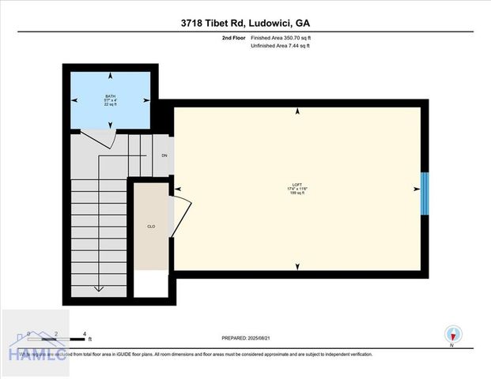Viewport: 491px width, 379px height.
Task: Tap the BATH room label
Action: coord(110,96)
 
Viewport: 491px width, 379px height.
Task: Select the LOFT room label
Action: coord(298,187)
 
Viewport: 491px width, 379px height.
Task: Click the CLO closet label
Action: coord(150,227)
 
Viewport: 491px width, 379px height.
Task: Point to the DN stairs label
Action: coord(164,156)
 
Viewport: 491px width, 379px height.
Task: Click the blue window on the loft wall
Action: coord(424,191)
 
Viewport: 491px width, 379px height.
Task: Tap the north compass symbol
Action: coord(452,335)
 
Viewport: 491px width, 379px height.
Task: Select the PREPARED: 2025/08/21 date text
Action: coord(252,338)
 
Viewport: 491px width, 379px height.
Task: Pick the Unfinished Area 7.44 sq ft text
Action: coord(281,47)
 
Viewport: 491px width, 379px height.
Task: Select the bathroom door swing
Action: coord(101,141)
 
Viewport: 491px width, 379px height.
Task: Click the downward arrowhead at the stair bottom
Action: coord(98,289)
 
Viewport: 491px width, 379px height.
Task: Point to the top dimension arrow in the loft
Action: coord(297,113)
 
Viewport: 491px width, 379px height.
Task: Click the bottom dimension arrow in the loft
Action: coord(297,266)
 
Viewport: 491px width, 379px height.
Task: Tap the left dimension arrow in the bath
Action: coord(75,100)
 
